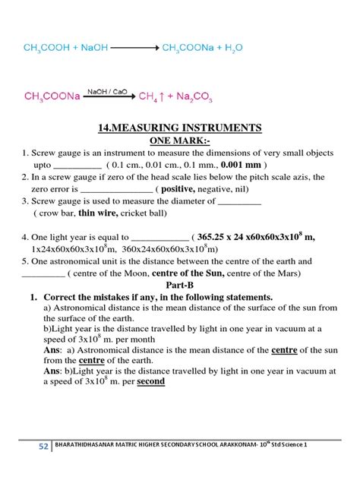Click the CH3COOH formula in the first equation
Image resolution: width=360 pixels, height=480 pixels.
click(47, 47)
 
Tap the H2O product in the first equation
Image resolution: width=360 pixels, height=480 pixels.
click(232, 47)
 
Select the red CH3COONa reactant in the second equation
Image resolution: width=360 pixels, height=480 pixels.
click(52, 96)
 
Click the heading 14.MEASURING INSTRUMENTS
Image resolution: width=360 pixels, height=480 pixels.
click(180, 128)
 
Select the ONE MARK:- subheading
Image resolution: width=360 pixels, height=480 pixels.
click(181, 141)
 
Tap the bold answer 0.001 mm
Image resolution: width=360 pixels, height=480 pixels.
click(241, 164)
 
